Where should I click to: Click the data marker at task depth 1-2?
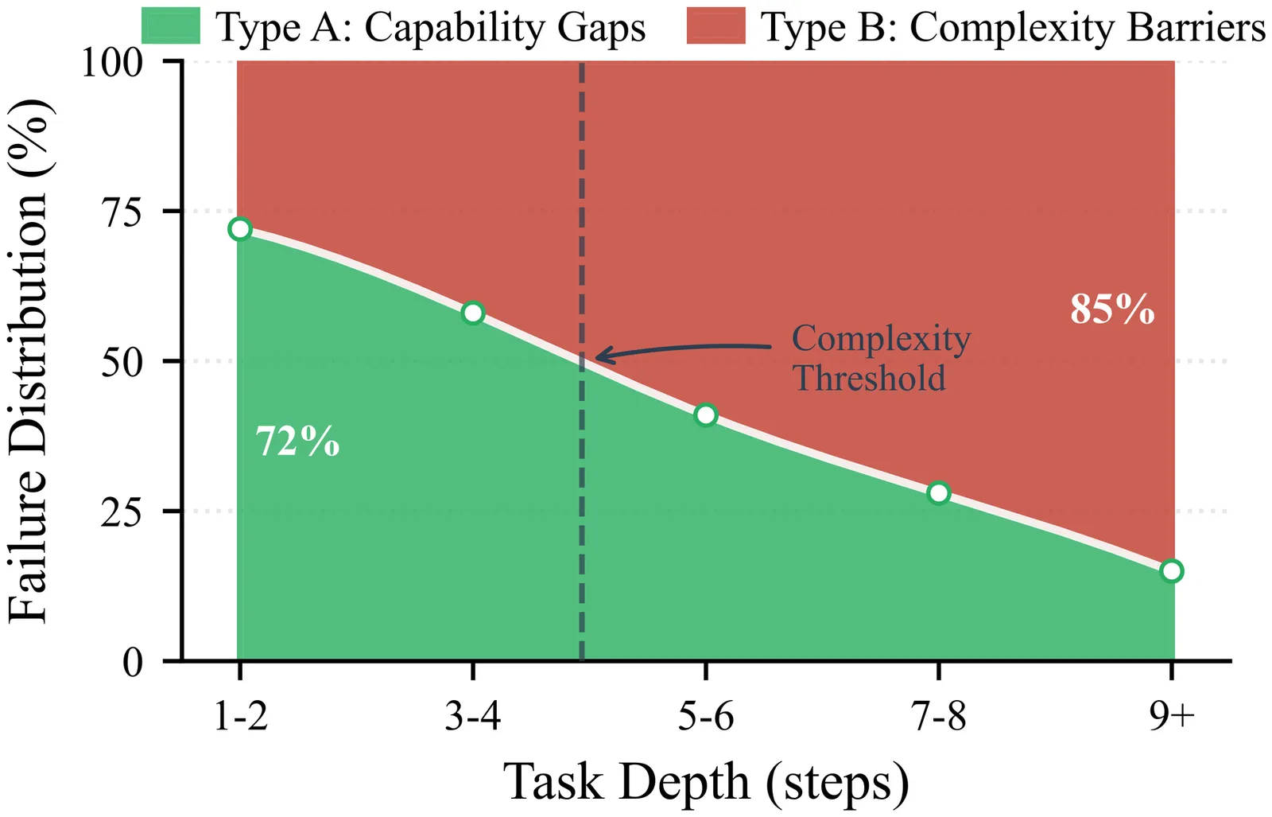[239, 229]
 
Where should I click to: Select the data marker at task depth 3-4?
[473, 313]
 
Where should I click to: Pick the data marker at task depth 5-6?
[706, 415]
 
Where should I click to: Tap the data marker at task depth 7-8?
[939, 493]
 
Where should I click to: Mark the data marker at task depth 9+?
[1172, 571]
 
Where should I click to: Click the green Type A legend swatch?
[171, 25]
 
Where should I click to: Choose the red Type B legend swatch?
[716, 25]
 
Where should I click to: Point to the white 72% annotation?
[298, 441]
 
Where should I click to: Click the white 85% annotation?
[1111, 309]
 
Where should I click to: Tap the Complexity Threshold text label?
[880, 358]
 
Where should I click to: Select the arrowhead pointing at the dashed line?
[600, 356]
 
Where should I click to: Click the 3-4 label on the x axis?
[473, 717]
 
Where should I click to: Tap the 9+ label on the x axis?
[1172, 717]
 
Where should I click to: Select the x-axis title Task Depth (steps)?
[706, 782]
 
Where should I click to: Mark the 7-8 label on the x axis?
[939, 717]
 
